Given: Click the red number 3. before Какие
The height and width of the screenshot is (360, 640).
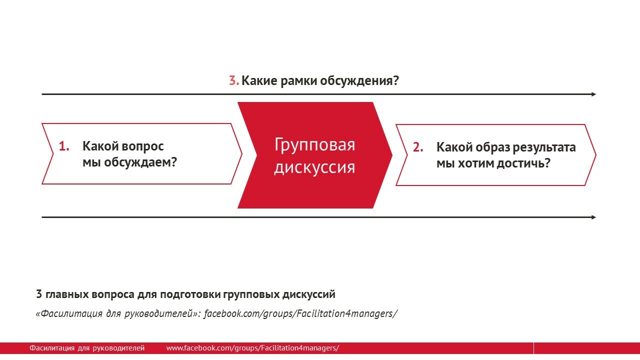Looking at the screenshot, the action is pos(234,80).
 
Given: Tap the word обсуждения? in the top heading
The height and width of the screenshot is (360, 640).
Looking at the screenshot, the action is pos(359,81).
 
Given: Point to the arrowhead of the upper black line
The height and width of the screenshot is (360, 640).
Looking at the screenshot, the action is pos(593,94).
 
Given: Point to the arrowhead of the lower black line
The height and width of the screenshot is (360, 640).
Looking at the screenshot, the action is pos(593,217).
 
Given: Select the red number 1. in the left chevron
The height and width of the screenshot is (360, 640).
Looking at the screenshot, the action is pos(64,146).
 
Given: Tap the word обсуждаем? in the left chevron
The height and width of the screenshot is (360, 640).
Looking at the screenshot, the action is pos(140,162).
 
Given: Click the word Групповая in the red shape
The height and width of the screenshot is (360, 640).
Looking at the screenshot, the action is pos(314,145).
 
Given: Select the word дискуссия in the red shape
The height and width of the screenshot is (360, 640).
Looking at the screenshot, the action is pos(314,167).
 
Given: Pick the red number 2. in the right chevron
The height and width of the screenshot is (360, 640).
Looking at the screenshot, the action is pos(418,147).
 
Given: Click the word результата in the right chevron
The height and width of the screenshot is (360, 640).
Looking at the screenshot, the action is pos(544,148).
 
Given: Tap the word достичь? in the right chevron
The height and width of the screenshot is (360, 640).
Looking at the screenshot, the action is pos(523,163).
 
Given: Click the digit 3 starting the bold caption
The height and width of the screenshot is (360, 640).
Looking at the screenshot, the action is pos(39,294).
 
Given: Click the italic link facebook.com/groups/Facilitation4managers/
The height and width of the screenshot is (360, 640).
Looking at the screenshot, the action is pos(300,313).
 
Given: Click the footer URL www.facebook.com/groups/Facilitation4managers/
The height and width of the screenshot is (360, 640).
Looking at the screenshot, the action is pos(252,348).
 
